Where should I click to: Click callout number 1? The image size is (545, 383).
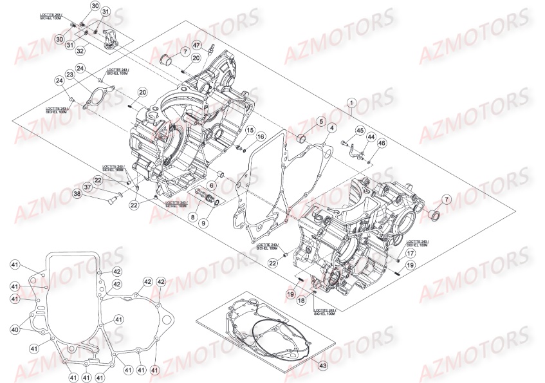(351, 102)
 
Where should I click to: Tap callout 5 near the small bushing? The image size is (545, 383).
(320, 121)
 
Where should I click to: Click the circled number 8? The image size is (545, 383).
(192, 218)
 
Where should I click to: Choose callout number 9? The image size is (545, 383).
(204, 223)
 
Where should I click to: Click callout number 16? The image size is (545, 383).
(261, 136)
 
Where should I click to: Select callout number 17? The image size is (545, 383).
(411, 254)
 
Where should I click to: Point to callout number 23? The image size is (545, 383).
(68, 75)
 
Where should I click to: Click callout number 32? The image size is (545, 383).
(80, 50)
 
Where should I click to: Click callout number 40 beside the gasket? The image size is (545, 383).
(15, 330)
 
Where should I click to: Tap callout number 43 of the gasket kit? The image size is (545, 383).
(322, 366)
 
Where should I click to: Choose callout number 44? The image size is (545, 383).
(371, 136)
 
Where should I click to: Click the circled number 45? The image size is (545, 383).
(360, 130)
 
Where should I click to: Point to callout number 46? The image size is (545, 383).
(382, 142)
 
